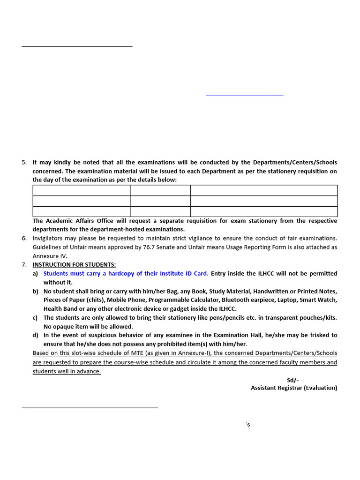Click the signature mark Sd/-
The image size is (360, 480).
pyautogui.click(x=292, y=380)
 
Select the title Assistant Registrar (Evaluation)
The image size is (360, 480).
pyautogui.click(x=293, y=388)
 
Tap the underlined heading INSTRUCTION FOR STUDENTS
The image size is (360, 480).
pyautogui.click(x=74, y=265)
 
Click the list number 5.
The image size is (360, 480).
pyautogui.click(x=24, y=162)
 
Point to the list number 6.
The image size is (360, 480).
pyautogui.click(x=24, y=238)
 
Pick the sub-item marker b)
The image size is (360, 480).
pyautogui.click(x=35, y=291)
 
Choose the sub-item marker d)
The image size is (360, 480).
pyautogui.click(x=35, y=335)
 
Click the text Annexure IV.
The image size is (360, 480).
pyautogui.click(x=50, y=256)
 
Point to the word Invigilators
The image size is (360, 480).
pyautogui.click(x=50, y=238)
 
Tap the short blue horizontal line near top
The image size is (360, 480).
pyautogui.click(x=244, y=96)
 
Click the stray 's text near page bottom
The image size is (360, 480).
pyautogui.click(x=248, y=425)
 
